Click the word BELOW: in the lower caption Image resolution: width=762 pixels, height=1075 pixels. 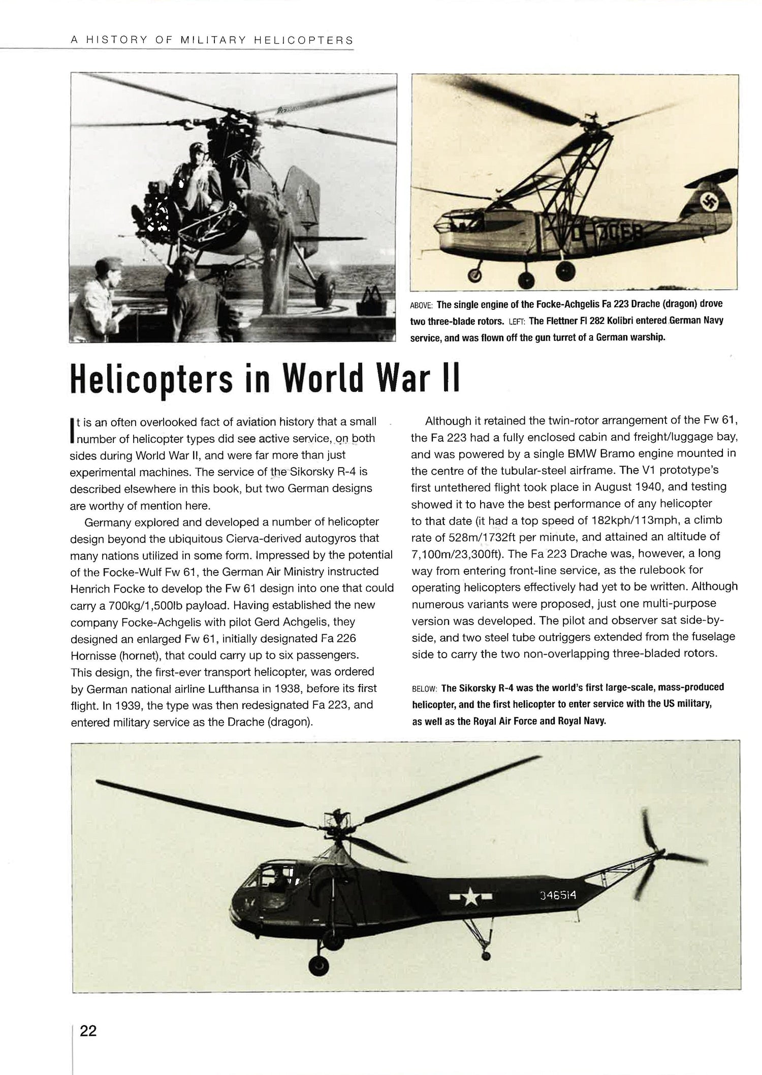[424, 689]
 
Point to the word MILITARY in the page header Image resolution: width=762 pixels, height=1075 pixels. [212, 41]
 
